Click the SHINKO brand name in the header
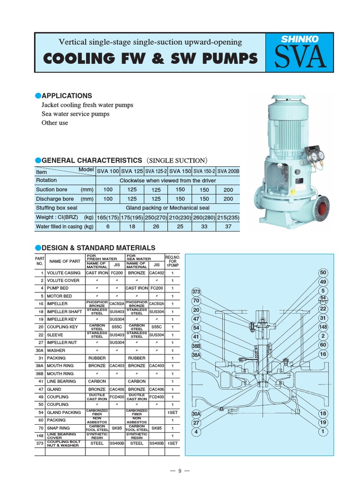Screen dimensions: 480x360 tap(300, 39)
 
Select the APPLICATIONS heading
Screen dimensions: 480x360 tap(67, 96)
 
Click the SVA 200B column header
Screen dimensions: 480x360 tap(228, 171)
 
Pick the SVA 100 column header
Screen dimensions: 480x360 tap(108, 171)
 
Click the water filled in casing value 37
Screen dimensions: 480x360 tap(228, 226)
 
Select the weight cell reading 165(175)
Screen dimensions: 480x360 tap(108, 217)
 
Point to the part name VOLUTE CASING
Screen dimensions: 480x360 tap(64, 273)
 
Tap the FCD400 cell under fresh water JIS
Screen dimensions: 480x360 tap(117, 396)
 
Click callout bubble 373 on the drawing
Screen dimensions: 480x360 tap(196, 292)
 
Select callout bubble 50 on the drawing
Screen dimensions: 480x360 tap(323, 273)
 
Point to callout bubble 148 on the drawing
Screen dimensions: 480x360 tap(323, 327)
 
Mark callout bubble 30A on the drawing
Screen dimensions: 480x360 tap(196, 414)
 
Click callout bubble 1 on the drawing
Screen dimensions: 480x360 tap(323, 431)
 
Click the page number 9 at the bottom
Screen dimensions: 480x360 tap(180, 471)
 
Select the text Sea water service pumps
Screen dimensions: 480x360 tap(75, 114)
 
